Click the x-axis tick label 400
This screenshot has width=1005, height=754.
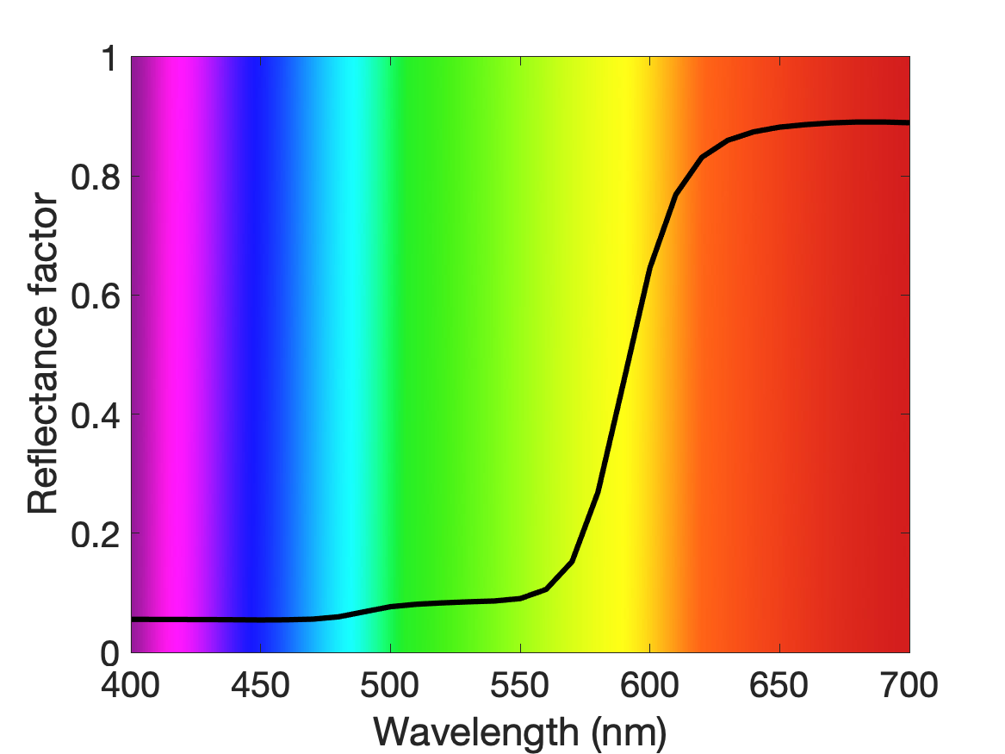click(131, 685)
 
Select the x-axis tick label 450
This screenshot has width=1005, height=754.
click(260, 685)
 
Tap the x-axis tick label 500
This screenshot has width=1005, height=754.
click(390, 685)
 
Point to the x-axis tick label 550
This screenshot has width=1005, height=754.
click(520, 685)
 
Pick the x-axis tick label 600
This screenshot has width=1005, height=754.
click(649, 685)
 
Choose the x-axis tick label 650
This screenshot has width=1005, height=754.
click(779, 685)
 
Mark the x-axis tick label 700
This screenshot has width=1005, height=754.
click(909, 685)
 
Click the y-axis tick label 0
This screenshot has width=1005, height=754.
click(110, 653)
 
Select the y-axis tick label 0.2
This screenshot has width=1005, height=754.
click(96, 534)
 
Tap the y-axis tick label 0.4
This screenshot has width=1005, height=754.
click(96, 414)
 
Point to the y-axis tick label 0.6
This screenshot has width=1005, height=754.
click(96, 296)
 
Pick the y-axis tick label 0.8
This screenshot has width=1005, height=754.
click(96, 177)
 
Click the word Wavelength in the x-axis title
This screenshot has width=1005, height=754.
click(477, 732)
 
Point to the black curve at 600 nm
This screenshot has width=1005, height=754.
click(650, 268)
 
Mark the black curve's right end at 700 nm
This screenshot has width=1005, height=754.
click(909, 122)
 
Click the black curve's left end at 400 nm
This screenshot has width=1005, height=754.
click(132, 620)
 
